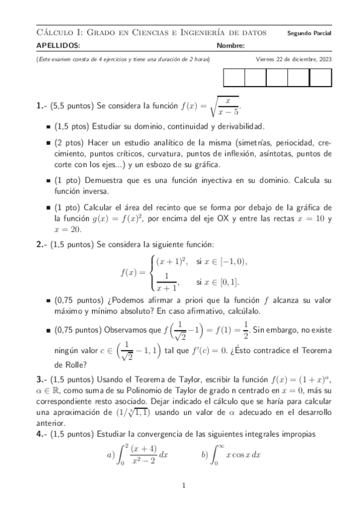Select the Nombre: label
coord(230,46)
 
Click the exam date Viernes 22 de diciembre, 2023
coord(293,60)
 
